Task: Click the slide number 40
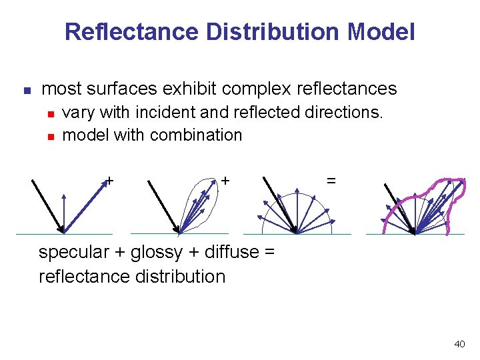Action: pyautogui.click(x=459, y=344)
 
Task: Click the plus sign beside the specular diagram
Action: pyautogui.click(x=109, y=180)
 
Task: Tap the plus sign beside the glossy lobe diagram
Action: pyautogui.click(x=226, y=180)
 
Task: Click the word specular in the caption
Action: pyautogui.click(x=74, y=253)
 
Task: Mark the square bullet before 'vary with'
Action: pyautogui.click(x=51, y=113)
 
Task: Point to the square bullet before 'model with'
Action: pyautogui.click(x=51, y=135)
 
